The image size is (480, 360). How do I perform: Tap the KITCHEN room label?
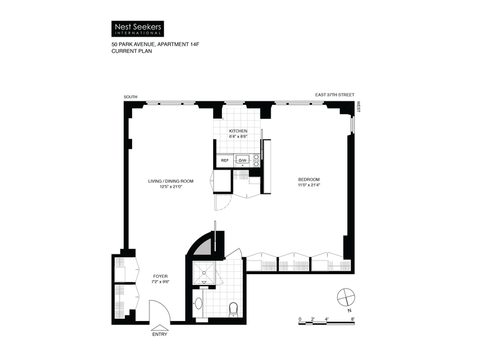tap(238, 131)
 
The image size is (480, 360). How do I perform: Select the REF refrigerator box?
tap(225, 160)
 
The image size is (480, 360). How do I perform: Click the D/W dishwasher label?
tap(243, 160)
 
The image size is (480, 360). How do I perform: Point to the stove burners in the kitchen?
tap(256, 159)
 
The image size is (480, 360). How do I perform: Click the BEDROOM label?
tap(310, 180)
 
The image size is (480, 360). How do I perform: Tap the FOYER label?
tap(161, 277)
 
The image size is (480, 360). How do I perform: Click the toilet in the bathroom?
tap(234, 309)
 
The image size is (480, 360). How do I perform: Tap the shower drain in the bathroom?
tap(205, 281)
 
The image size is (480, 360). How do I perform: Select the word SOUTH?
tap(130, 96)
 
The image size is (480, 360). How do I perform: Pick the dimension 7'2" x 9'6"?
tap(161, 283)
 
